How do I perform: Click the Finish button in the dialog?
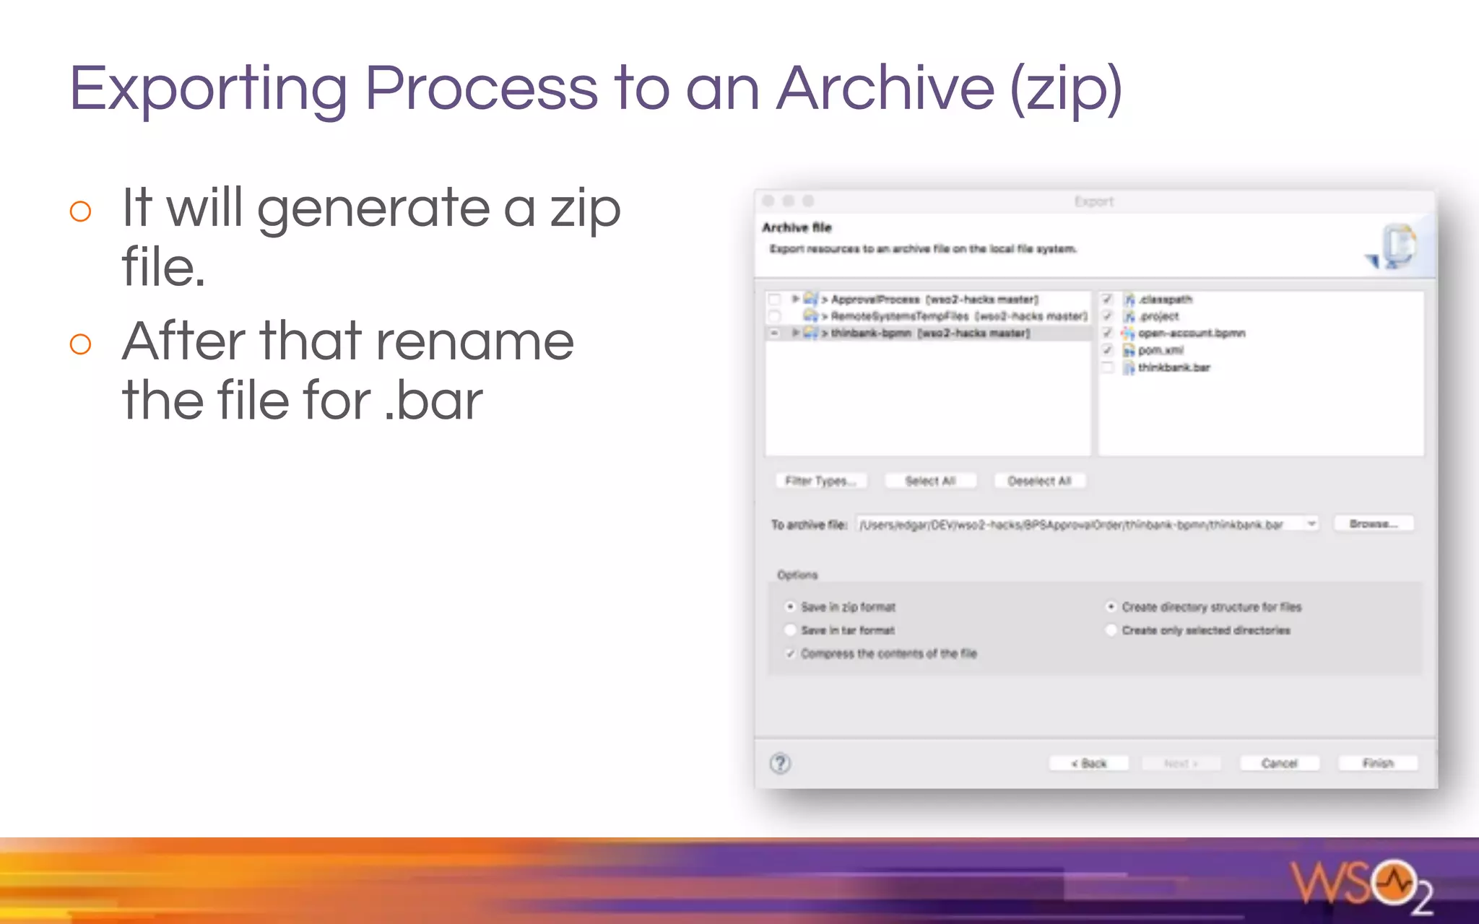pos(1378,763)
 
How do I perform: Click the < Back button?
pos(1088,763)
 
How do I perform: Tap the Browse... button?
pos(1374,523)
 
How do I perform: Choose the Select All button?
pos(930,481)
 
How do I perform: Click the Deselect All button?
pos(1039,481)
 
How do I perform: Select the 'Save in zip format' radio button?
pos(790,607)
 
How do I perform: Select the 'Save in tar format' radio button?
pos(790,630)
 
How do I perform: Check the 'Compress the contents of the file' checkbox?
pos(790,653)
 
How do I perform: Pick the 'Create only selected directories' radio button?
pos(1111,630)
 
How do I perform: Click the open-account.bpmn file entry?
pos(1191,333)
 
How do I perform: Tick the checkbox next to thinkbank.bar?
pos(1107,367)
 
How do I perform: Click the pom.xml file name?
pos(1161,350)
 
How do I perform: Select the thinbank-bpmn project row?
pos(930,333)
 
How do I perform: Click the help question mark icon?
pos(780,763)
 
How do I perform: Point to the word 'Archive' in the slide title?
pos(885,88)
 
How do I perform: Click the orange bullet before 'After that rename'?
pos(80,344)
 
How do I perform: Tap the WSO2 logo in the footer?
pos(1361,885)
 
